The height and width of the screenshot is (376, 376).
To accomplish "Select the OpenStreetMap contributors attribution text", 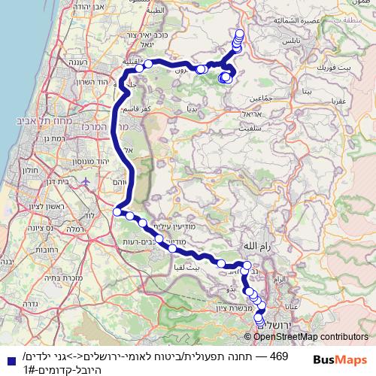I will pyautogui.click(x=314, y=338).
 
